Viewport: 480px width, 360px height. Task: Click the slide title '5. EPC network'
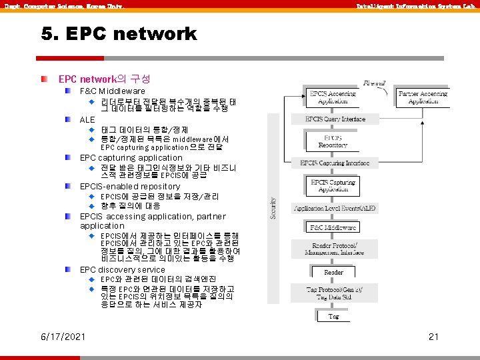point(118,33)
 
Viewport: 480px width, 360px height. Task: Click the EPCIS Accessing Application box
point(332,98)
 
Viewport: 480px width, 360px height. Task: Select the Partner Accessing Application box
point(423,98)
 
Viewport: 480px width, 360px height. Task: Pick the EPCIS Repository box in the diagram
point(333,141)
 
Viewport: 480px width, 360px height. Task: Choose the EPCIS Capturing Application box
point(333,185)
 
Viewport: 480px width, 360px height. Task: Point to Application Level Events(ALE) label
point(335,208)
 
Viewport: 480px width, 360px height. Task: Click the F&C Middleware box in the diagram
point(333,228)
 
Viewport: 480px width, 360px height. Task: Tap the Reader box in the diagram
point(333,272)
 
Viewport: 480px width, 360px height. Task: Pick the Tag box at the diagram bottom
point(333,316)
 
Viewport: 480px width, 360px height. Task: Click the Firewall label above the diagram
point(375,83)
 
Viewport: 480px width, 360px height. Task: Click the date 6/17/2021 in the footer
point(63,337)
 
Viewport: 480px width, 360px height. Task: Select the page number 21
point(433,337)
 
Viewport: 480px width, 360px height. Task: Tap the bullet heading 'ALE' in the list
point(87,119)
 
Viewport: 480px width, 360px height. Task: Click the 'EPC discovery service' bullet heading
point(122,270)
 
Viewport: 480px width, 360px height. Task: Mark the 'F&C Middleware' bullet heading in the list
point(112,91)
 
